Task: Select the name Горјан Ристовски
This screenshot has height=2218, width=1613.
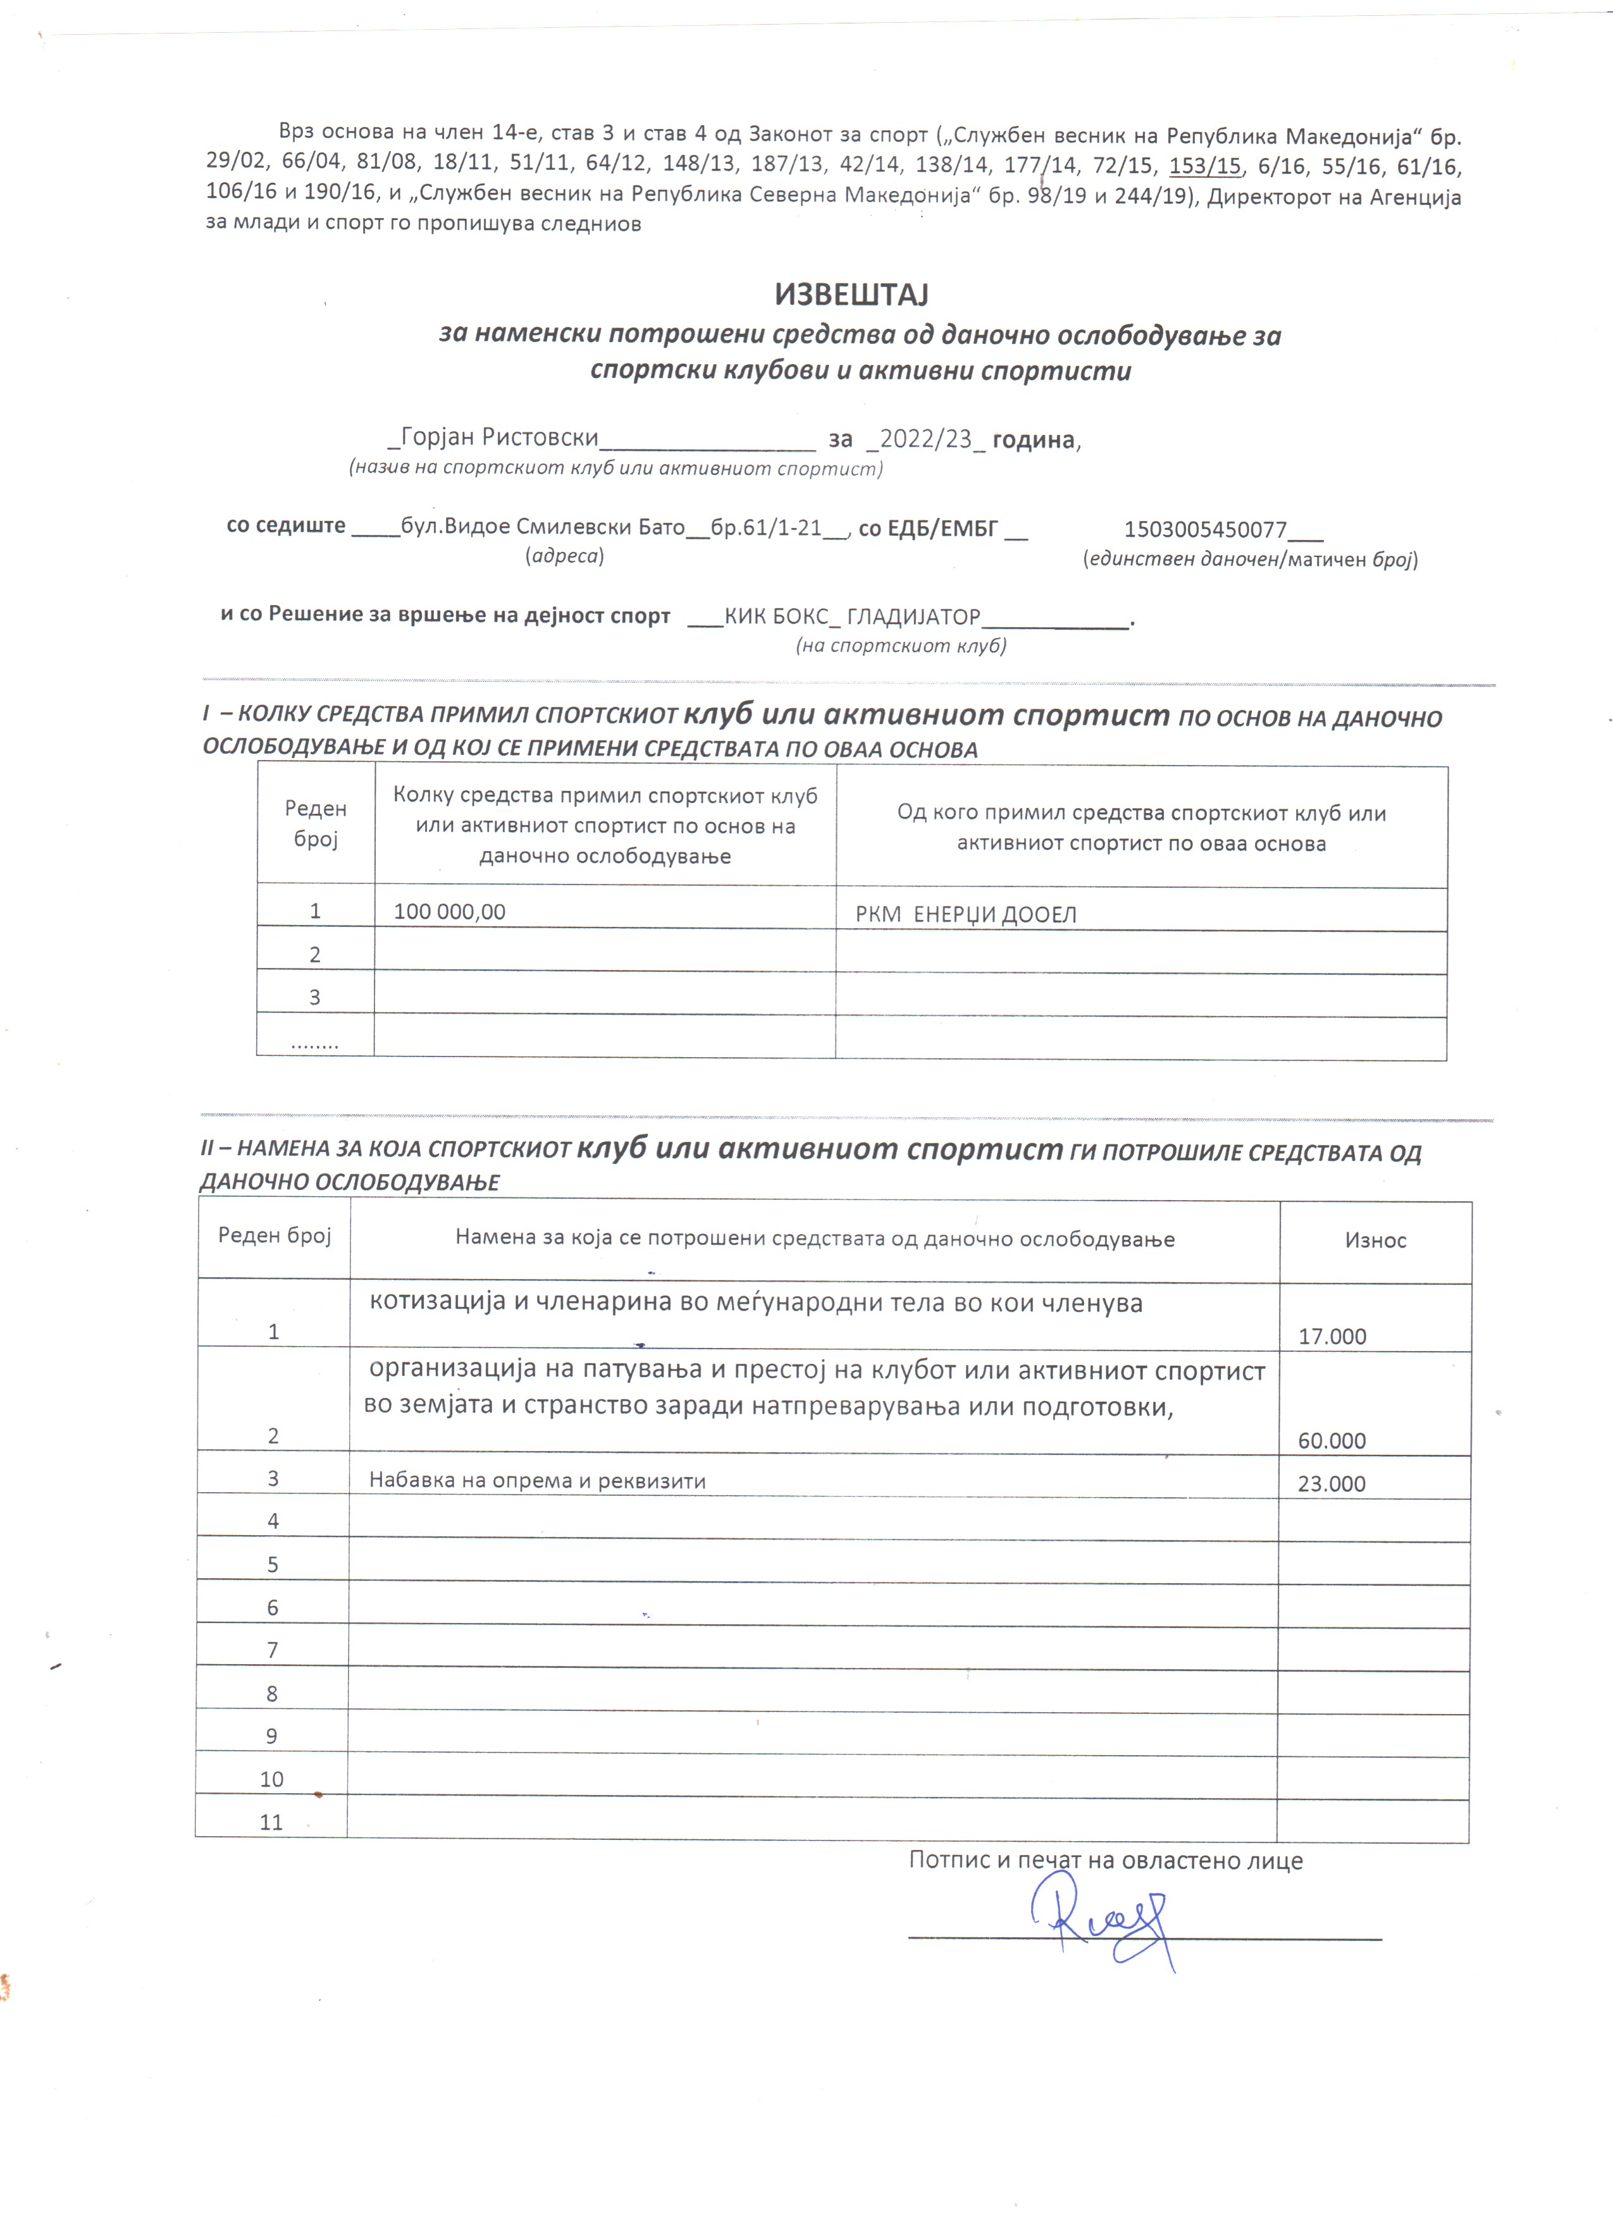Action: coord(499,438)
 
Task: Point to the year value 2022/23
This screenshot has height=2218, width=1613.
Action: coord(925,439)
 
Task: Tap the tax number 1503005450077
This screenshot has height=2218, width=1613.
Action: coord(1205,530)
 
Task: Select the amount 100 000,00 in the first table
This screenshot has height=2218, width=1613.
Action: coord(449,912)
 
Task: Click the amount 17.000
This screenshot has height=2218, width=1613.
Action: coord(1332,1337)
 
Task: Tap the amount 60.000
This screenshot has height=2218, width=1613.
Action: coord(1332,1440)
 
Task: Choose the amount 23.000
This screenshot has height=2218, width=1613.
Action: coord(1332,1483)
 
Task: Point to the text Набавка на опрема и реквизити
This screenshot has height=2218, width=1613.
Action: coord(537,1481)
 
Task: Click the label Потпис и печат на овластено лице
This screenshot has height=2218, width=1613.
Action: coord(1105,1860)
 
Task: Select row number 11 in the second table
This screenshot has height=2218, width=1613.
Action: coord(271,1823)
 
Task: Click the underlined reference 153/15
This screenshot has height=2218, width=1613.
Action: coord(1204,166)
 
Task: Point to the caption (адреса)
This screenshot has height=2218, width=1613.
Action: coord(564,556)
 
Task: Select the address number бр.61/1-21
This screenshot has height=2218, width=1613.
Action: coord(766,528)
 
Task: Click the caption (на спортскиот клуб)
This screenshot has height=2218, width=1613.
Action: coord(900,646)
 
